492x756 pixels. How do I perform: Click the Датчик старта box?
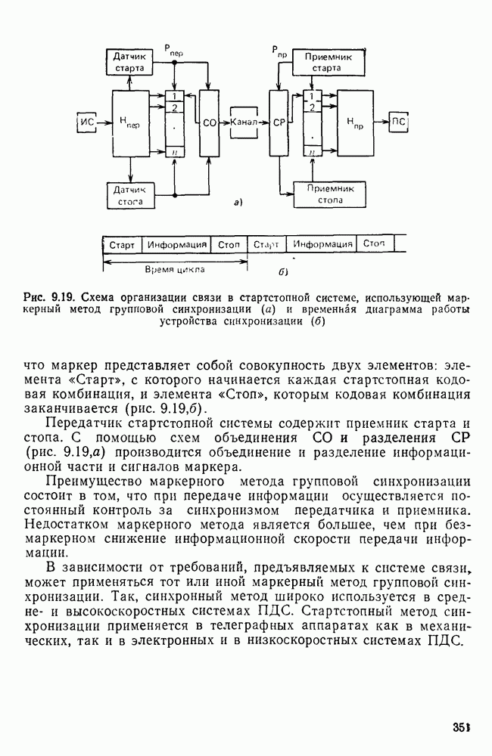pos(128,61)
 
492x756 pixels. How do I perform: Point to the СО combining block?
pos(210,122)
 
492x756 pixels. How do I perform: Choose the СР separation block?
pos(279,122)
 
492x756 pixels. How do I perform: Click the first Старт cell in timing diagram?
pos(122,245)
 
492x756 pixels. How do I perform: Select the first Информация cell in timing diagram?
pos(177,245)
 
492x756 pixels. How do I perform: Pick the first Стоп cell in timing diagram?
pos(229,245)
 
